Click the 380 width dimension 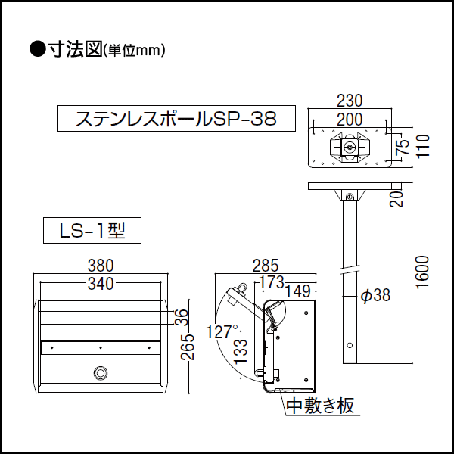(101, 266)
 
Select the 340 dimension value (101, 284)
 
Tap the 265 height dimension (188, 347)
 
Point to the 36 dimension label (182, 317)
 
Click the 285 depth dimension (266, 266)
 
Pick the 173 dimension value (272, 282)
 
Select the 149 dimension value (298, 291)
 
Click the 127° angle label (222, 332)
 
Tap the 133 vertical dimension (241, 351)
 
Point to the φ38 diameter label (376, 295)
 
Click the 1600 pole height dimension (422, 272)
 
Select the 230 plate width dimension (350, 101)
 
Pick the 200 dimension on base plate (350, 120)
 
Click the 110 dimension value (423, 146)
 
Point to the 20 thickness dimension (396, 198)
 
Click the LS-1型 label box (92, 231)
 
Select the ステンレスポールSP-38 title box (176, 119)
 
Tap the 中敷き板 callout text (320, 406)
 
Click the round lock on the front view (100, 372)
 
